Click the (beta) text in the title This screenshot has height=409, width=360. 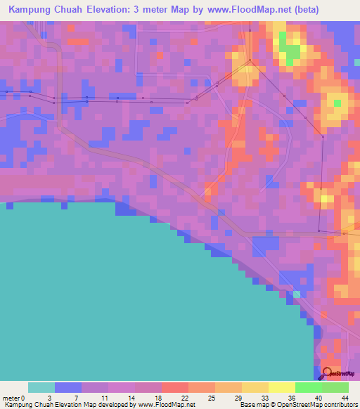point(302,10)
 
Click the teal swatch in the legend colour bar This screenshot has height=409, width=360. point(41,387)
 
